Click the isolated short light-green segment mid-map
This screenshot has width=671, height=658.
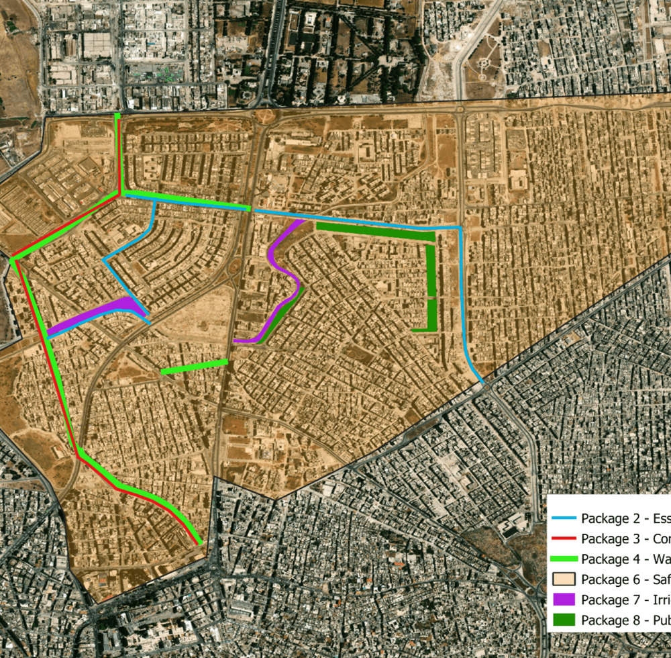point(195,367)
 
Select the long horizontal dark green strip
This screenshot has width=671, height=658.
point(376,231)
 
